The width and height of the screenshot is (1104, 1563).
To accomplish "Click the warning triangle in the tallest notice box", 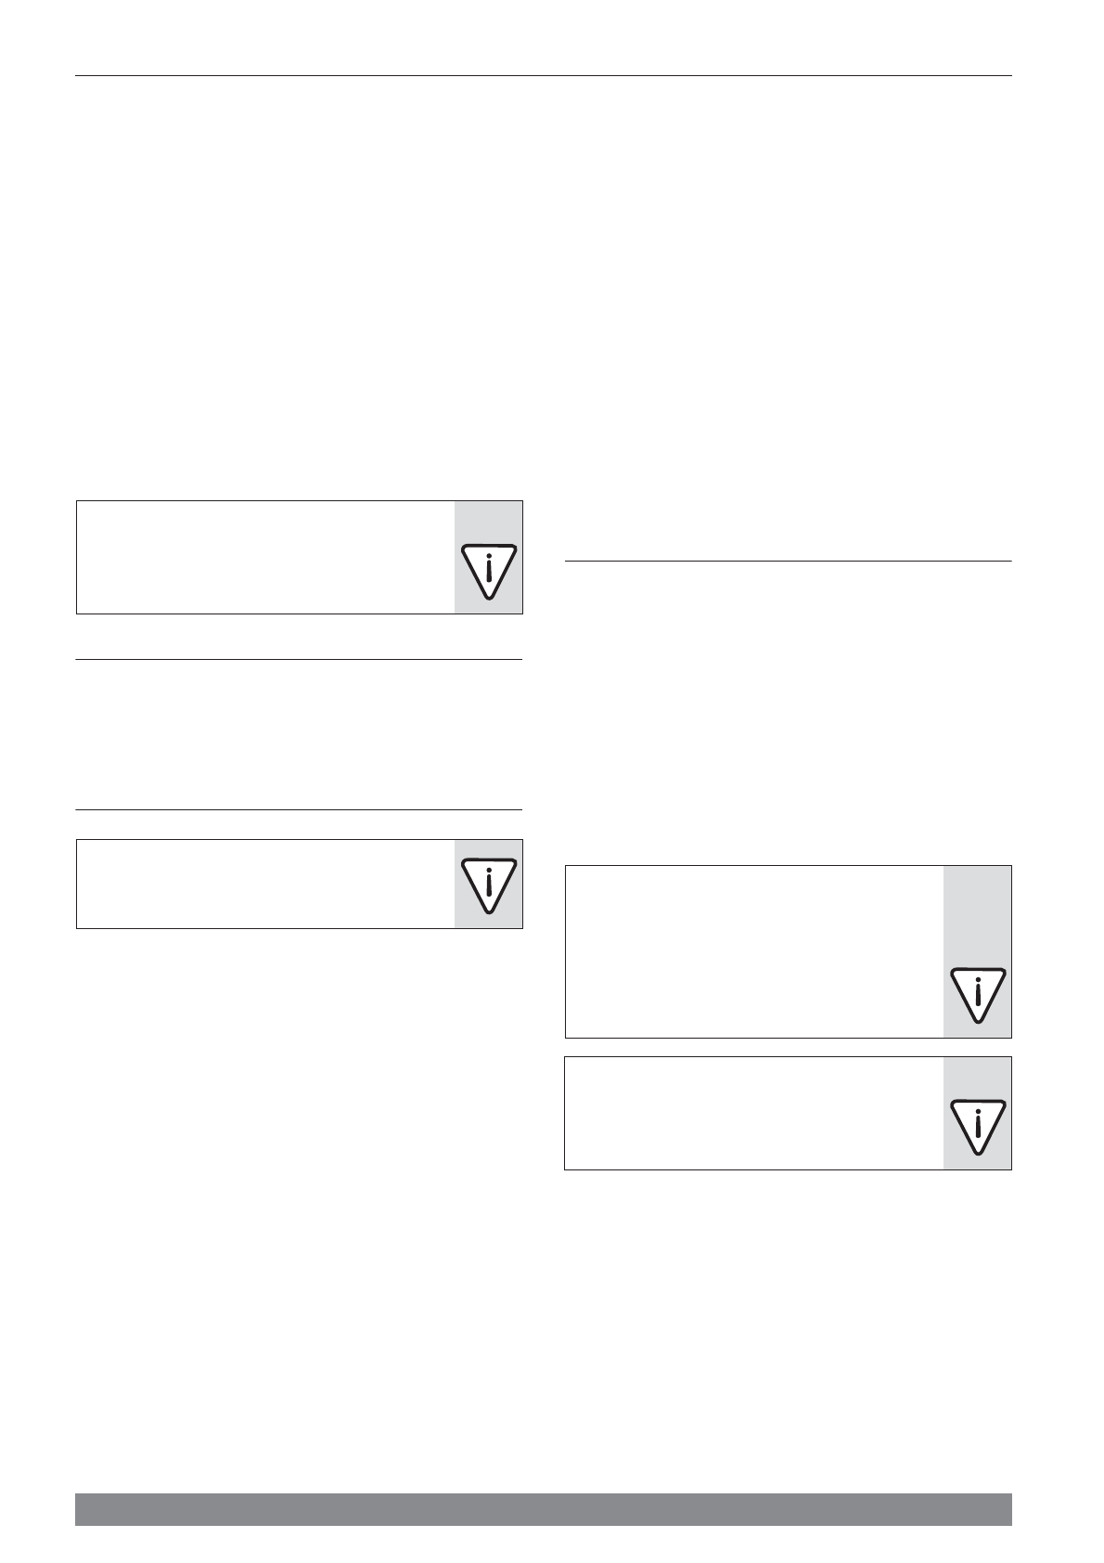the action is coord(978,994).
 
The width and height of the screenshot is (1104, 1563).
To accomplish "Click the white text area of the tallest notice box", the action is coord(753,951).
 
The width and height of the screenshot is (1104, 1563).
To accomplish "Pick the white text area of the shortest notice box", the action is coord(265,884).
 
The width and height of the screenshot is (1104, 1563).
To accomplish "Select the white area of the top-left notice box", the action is coord(265,557).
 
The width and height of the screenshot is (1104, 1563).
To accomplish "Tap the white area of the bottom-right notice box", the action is coord(753,1113).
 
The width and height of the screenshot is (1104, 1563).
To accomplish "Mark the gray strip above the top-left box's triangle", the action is coord(488,522).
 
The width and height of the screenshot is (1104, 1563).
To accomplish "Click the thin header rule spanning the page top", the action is coord(543,75).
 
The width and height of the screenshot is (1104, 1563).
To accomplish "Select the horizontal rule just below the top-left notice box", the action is coord(299,660).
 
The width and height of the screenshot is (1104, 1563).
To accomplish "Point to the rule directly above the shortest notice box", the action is coord(299,810).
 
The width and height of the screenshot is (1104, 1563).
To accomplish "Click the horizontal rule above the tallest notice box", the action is coord(788,561).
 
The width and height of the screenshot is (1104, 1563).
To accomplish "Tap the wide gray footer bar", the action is coord(543,1509).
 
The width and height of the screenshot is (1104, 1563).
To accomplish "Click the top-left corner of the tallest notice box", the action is coord(566,867).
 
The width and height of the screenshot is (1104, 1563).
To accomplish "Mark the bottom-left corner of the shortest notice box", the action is coord(77,927).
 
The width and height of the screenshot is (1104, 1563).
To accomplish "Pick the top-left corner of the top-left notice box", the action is coord(77,502).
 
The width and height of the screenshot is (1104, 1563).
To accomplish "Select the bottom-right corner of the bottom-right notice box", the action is coord(1010,1169).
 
